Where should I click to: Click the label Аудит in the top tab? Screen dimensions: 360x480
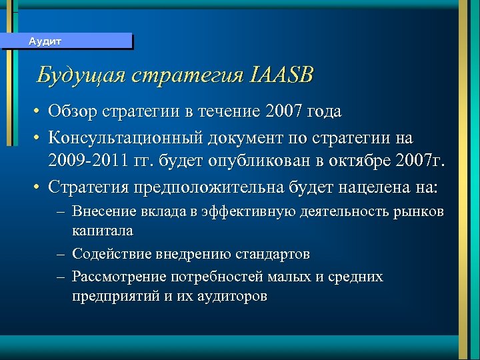(45, 41)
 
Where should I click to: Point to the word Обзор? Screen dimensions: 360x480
(73, 111)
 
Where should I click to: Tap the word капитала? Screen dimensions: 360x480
(103, 231)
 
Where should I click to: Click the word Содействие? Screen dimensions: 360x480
(110, 254)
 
